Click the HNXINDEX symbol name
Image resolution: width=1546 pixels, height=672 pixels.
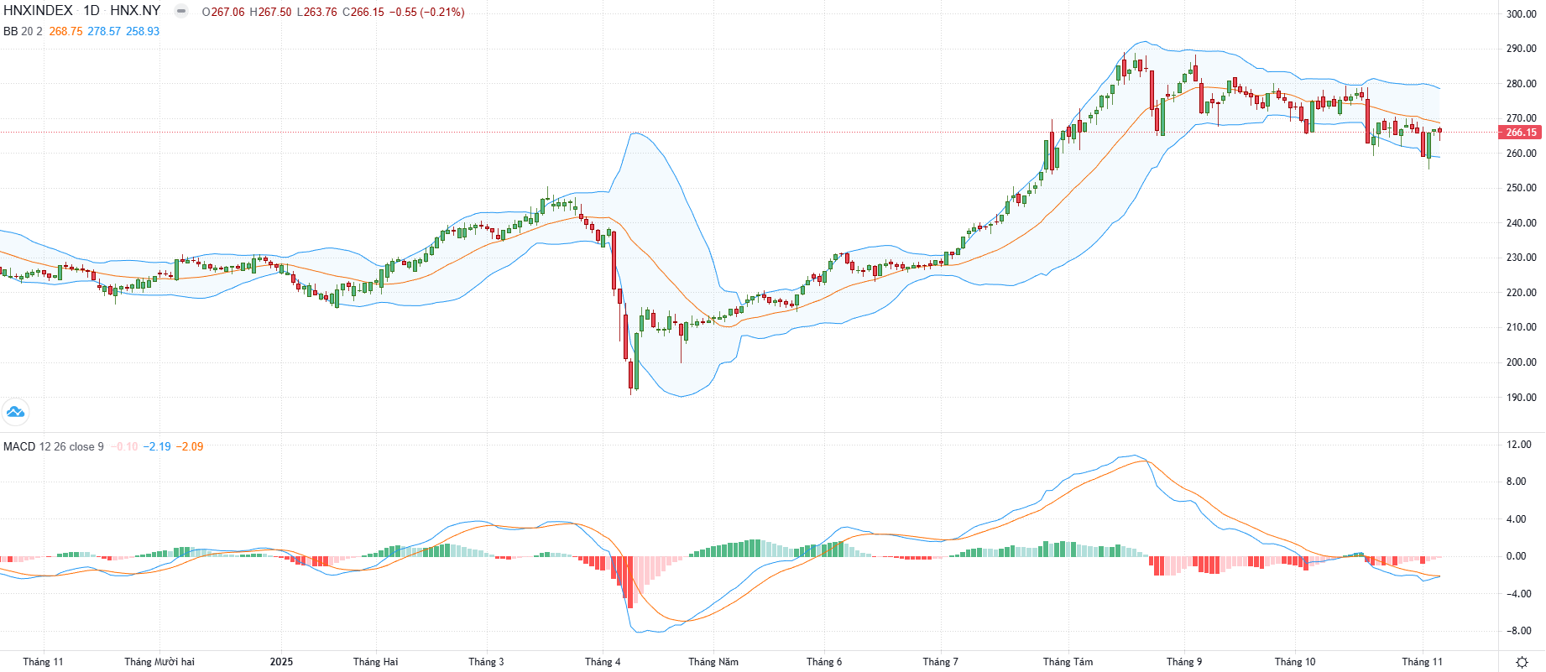pyautogui.click(x=38, y=11)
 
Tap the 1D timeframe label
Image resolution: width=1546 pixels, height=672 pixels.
pyautogui.click(x=91, y=11)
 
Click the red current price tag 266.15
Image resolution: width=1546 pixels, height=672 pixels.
pyautogui.click(x=1520, y=133)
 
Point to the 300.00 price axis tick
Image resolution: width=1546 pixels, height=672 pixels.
pyautogui.click(x=1521, y=13)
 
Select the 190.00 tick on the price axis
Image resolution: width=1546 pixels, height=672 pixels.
pyautogui.click(x=1521, y=398)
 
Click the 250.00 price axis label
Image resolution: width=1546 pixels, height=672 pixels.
pyautogui.click(x=1521, y=188)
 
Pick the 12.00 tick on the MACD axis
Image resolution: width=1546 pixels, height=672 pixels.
pyautogui.click(x=1518, y=445)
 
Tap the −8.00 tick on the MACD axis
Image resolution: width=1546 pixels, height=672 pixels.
pyautogui.click(x=1518, y=631)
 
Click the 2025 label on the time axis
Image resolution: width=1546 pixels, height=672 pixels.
pyautogui.click(x=281, y=662)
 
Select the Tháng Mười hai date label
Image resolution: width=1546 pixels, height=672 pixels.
pyautogui.click(x=159, y=662)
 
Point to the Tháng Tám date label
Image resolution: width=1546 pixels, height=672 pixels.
pyautogui.click(x=1068, y=662)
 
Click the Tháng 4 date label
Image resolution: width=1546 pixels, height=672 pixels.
pyautogui.click(x=603, y=662)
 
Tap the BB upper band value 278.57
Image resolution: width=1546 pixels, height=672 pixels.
pyautogui.click(x=104, y=31)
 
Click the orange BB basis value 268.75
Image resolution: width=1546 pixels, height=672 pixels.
pyautogui.click(x=65, y=31)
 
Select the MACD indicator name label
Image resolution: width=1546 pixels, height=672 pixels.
pyautogui.click(x=19, y=446)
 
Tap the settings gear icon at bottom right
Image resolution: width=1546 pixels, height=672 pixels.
pyautogui.click(x=1522, y=662)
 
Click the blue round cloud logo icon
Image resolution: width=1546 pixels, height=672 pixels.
pyautogui.click(x=15, y=412)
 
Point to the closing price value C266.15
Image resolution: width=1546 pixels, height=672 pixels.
pyautogui.click(x=363, y=12)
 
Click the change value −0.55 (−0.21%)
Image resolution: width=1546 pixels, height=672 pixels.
pyautogui.click(x=426, y=12)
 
